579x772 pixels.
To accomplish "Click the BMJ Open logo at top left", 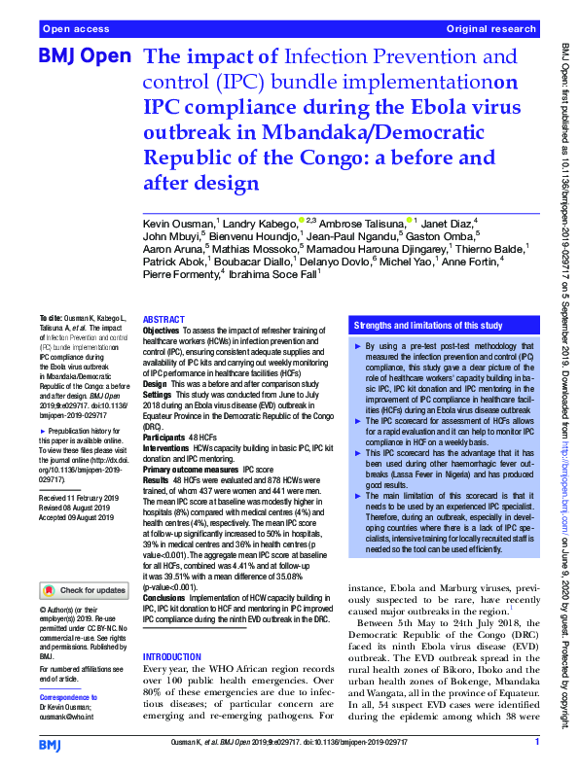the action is point(84,56).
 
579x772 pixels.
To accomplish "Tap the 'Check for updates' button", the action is point(85,589).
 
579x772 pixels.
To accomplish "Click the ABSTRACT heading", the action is point(163,320).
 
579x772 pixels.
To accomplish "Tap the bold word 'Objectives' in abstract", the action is point(161,331).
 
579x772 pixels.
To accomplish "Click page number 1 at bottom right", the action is point(537,742).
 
